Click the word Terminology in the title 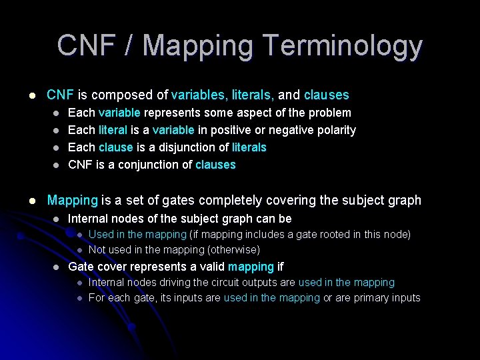coord(343,45)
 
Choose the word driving coord(169,283)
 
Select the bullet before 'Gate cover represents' coord(57,267)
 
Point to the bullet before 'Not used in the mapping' coord(78,251)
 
